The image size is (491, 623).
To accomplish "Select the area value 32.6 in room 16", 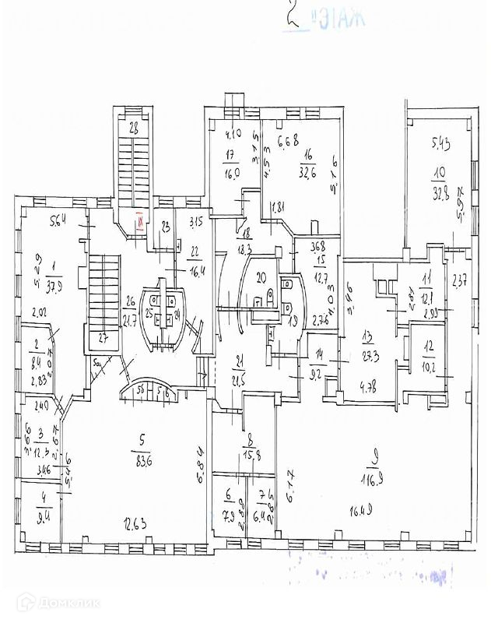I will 304,174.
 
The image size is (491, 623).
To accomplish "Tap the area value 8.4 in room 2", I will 33,361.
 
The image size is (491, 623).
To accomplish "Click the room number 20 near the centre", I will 261,276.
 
